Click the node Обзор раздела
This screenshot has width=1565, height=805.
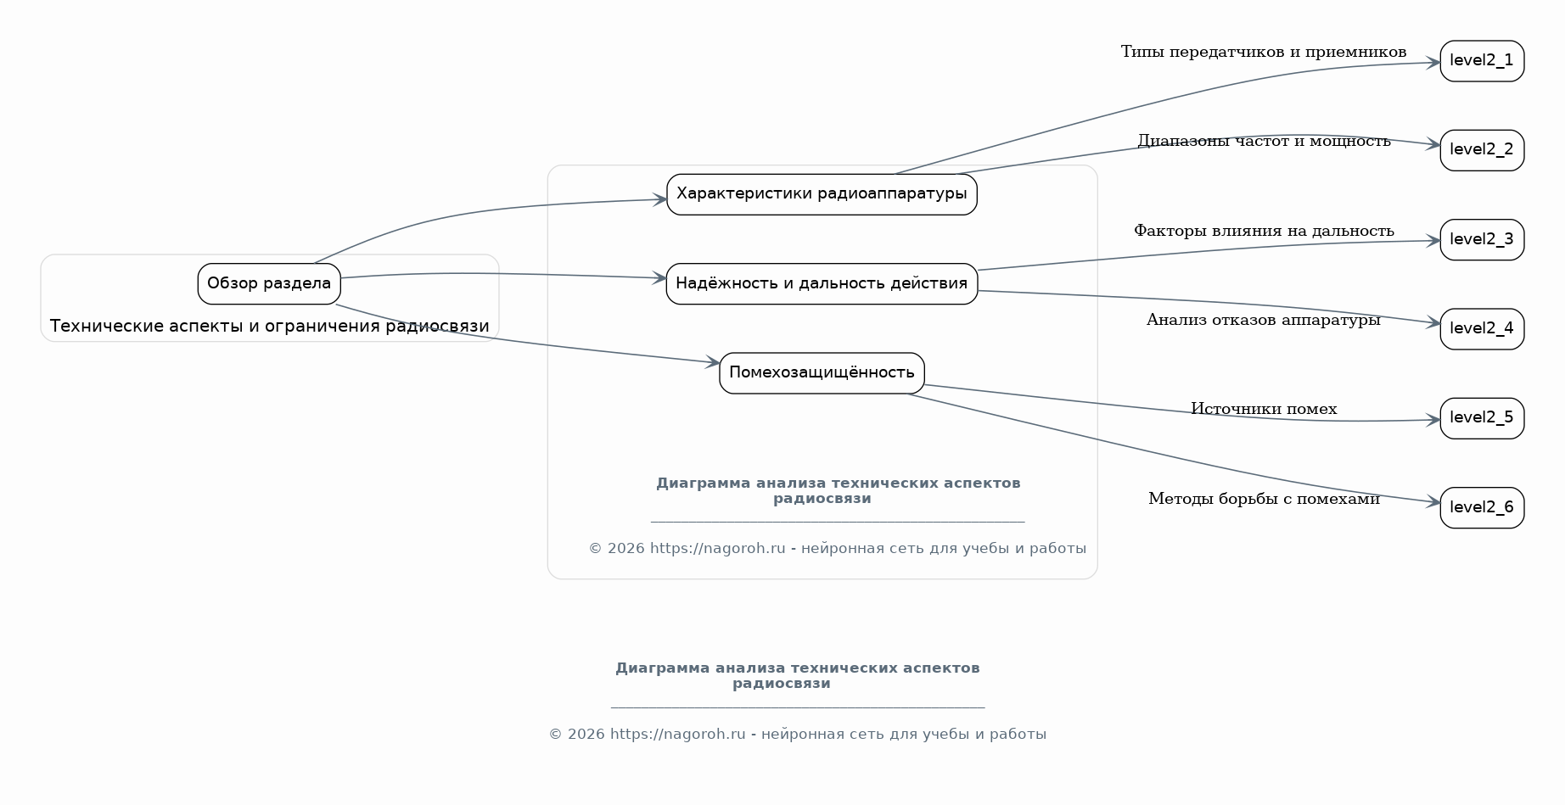(269, 283)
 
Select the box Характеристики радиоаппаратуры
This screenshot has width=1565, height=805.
(822, 194)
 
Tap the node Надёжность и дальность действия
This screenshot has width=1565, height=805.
(822, 283)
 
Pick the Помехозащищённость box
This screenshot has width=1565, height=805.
(822, 373)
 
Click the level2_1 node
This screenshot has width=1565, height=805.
(1482, 61)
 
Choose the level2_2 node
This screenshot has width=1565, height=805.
(1482, 150)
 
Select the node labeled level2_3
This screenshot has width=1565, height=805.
(1482, 240)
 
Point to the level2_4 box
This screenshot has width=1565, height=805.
(1482, 329)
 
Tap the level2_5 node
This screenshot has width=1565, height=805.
(1482, 418)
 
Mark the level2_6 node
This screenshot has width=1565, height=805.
(1482, 508)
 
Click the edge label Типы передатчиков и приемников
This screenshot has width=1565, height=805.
(1264, 52)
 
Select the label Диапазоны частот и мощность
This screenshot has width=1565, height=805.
(1264, 141)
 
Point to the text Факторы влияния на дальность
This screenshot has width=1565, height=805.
(1264, 231)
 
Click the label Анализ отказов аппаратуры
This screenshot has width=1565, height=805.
(1264, 320)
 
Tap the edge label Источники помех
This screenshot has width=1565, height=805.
(1264, 409)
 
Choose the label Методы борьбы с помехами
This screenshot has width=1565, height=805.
(1264, 499)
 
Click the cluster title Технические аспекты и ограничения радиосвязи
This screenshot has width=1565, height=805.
(270, 327)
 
